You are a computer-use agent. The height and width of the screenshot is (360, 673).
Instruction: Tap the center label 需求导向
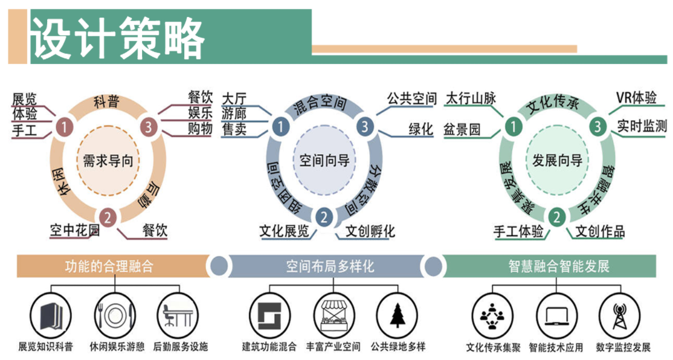pyautogui.click(x=107, y=160)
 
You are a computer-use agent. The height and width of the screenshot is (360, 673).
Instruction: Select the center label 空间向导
pyautogui.click(x=324, y=160)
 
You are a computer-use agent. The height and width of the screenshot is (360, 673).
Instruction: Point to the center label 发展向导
pyautogui.click(x=557, y=160)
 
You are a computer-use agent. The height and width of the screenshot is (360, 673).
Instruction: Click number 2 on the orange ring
pyautogui.click(x=107, y=216)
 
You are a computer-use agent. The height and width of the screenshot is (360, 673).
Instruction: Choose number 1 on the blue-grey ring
pyautogui.click(x=280, y=127)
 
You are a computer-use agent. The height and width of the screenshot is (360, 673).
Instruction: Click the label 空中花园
pyautogui.click(x=75, y=230)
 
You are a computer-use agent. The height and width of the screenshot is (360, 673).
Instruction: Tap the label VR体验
pyautogui.click(x=636, y=98)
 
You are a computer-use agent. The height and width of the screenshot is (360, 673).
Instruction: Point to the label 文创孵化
pyautogui.click(x=370, y=231)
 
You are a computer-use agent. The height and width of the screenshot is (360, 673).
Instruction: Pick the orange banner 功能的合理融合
pyautogui.click(x=109, y=266)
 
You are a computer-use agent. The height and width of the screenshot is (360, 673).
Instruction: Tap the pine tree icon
pyautogui.click(x=397, y=315)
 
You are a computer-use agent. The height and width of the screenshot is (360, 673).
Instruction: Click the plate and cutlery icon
pyautogui.click(x=112, y=315)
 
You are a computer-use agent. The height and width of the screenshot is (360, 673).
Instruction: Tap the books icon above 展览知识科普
pyautogui.click(x=47, y=316)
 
